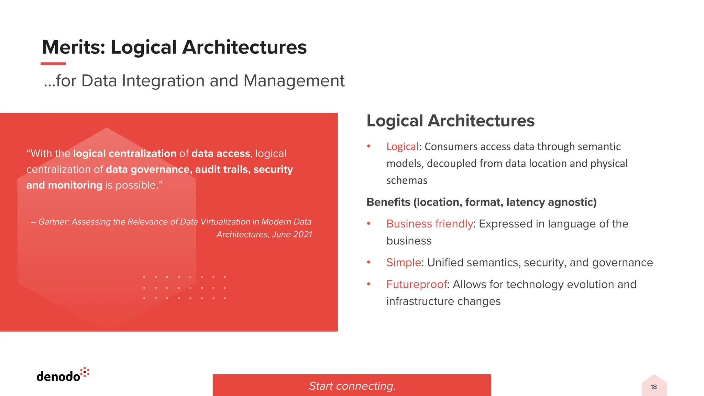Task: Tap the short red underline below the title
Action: click(x=53, y=64)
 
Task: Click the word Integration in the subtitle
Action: click(x=163, y=81)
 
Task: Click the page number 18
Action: click(x=653, y=387)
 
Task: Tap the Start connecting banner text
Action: click(x=352, y=386)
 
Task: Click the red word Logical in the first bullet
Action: click(x=402, y=147)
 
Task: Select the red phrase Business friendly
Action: click(x=429, y=224)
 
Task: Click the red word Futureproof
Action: click(x=416, y=285)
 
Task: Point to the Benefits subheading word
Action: click(x=388, y=202)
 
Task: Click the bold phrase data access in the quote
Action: click(x=220, y=154)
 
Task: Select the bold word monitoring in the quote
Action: click(x=75, y=185)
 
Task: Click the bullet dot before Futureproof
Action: click(x=368, y=284)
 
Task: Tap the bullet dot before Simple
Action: click(x=368, y=262)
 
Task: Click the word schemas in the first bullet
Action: click(x=407, y=180)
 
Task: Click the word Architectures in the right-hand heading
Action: click(x=481, y=121)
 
